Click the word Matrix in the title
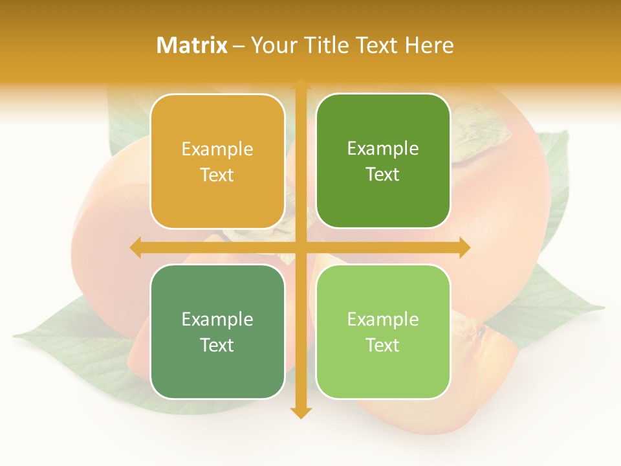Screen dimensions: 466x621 192,45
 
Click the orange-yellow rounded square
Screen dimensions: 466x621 217,162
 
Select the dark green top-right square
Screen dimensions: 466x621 383,161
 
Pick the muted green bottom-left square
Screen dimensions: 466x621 217,332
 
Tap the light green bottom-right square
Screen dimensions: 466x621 383,332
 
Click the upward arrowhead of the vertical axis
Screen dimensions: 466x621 300,84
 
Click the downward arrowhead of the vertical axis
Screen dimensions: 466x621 300,412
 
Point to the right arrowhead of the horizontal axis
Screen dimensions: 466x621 464,247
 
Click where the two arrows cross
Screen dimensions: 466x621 300,247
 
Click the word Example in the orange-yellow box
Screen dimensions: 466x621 217,150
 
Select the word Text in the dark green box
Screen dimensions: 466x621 383,175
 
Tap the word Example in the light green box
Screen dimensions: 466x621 383,319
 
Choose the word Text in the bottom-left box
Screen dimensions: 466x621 217,345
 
